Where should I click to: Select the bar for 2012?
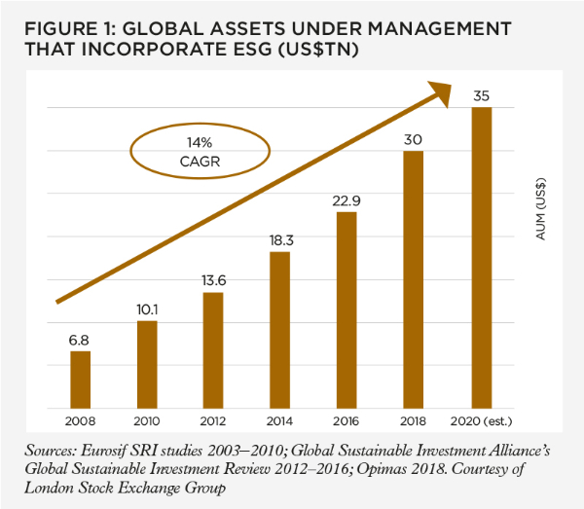click(x=212, y=350)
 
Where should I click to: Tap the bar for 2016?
click(x=347, y=310)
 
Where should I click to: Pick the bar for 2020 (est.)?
click(x=481, y=258)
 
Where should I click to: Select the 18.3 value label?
click(x=279, y=238)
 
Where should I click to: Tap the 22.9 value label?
click(x=347, y=199)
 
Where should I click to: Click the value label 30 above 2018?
click(x=414, y=138)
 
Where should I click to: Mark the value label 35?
click(x=481, y=94)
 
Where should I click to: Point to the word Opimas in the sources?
click(x=380, y=472)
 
